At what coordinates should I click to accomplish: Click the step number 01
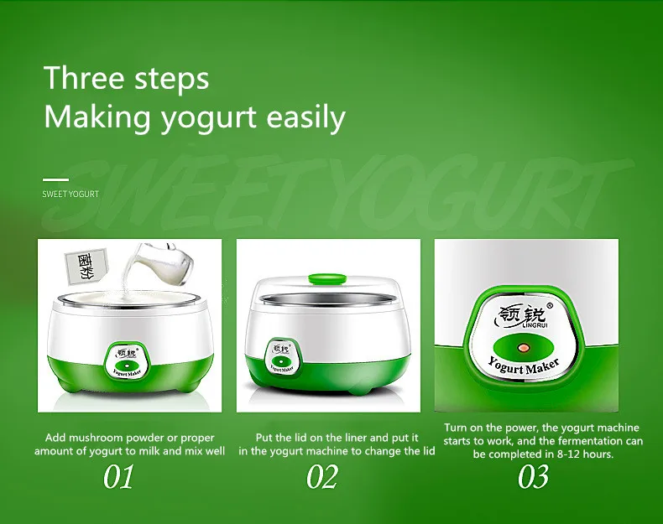point(118,476)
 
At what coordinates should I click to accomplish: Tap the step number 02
point(322,476)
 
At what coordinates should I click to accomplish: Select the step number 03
point(533,476)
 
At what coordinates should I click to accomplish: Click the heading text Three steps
point(127,78)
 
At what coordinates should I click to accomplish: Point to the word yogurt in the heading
point(209,118)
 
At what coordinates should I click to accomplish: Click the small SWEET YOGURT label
point(70,194)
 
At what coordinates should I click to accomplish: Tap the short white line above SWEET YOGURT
point(55,179)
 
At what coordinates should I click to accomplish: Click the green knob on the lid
point(326,278)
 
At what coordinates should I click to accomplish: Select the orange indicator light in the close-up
point(524,348)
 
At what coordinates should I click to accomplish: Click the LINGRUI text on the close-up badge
point(535,324)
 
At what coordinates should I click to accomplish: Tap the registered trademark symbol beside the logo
point(550,305)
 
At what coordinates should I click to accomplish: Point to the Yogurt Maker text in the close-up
point(524,366)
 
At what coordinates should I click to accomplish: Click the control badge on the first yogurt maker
point(127,361)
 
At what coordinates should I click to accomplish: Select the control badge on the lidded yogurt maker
point(282,357)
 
